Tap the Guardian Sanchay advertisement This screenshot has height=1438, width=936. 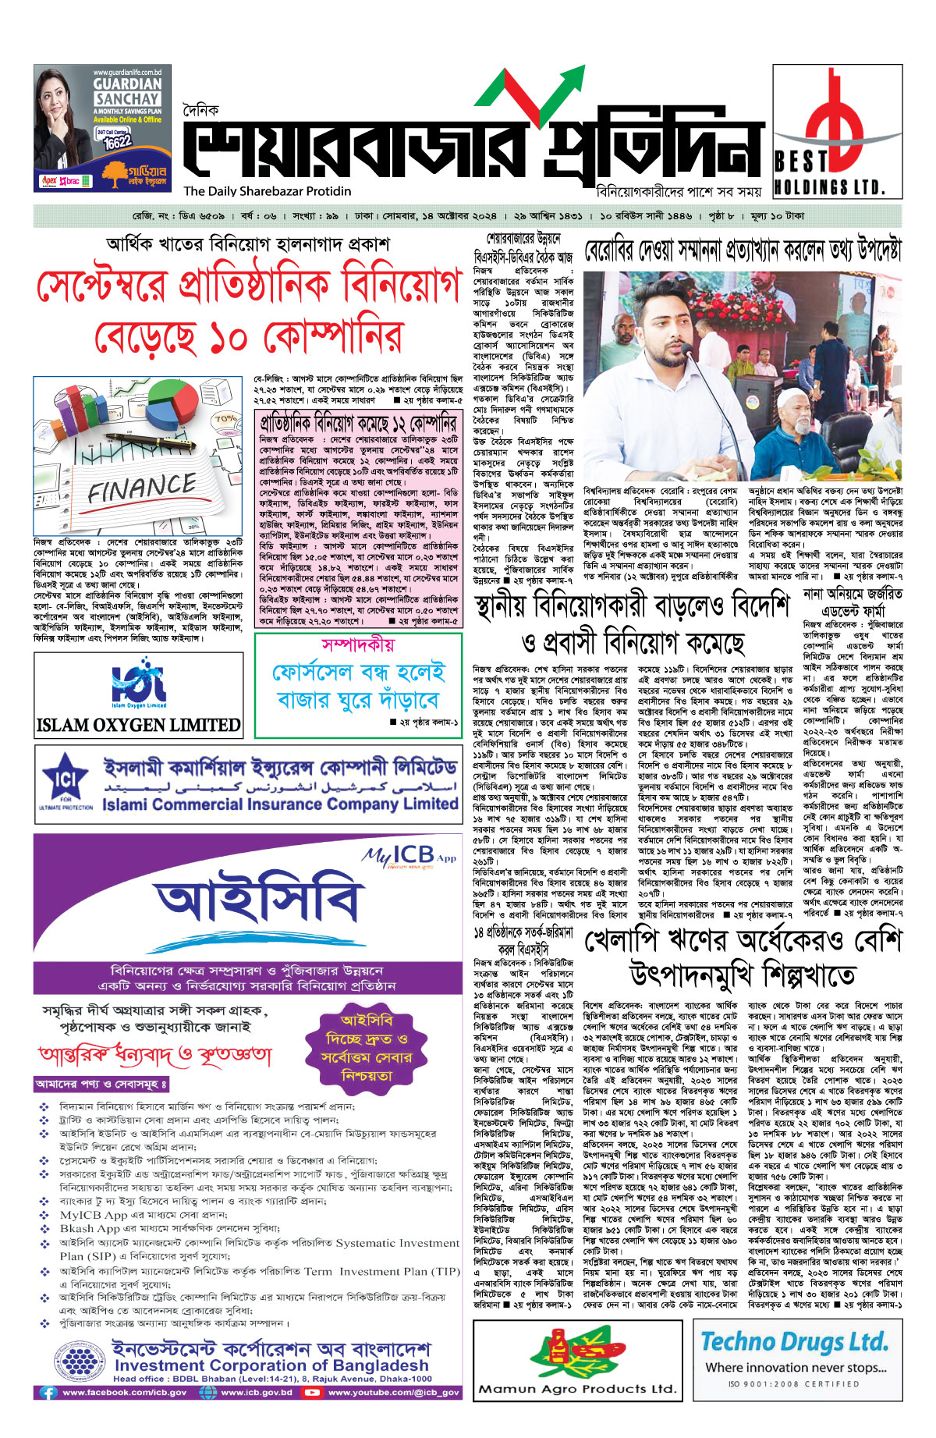[x=102, y=127]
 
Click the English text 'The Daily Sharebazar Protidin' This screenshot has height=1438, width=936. [x=267, y=191]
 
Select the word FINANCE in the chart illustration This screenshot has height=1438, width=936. [x=141, y=489]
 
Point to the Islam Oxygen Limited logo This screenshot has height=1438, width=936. [x=139, y=683]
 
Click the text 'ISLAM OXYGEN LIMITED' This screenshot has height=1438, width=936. [x=139, y=725]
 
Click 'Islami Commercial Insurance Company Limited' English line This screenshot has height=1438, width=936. [x=279, y=804]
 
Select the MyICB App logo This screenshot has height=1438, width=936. [x=408, y=857]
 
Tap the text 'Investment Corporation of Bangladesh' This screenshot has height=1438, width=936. [x=271, y=1365]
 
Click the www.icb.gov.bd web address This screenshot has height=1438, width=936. [x=256, y=1392]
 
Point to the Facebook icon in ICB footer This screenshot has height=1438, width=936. [x=48, y=1392]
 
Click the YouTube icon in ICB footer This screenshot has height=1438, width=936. [x=314, y=1392]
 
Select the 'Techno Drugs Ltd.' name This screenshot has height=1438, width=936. [x=794, y=1342]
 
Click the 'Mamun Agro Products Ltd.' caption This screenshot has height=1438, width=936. [x=576, y=1389]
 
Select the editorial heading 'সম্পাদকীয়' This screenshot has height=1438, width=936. [x=358, y=645]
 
